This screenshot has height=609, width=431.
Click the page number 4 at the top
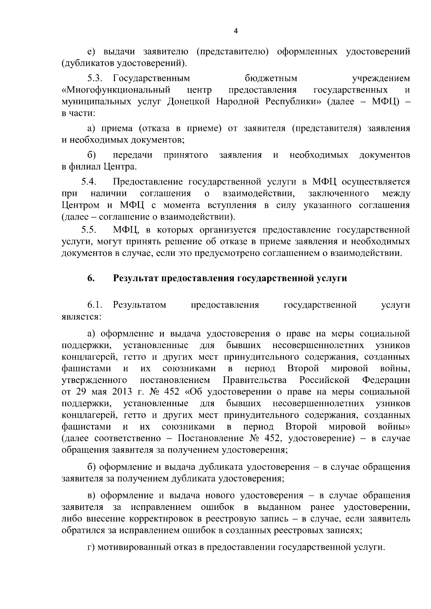pyautogui.click(x=236, y=31)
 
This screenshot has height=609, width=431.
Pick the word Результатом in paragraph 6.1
pyautogui.click(x=139, y=305)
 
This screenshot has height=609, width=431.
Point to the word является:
pyautogui.click(x=82, y=317)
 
